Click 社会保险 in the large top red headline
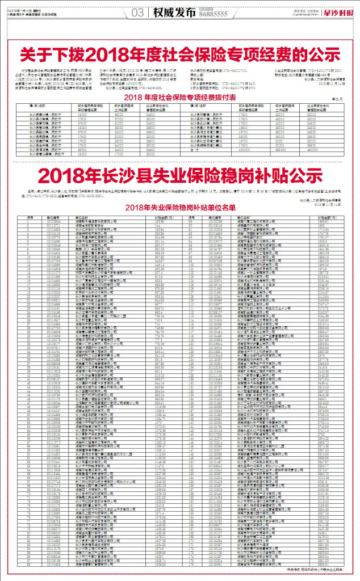(211, 54)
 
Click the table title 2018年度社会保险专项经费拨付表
(181, 98)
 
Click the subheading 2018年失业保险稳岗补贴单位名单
(180, 208)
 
